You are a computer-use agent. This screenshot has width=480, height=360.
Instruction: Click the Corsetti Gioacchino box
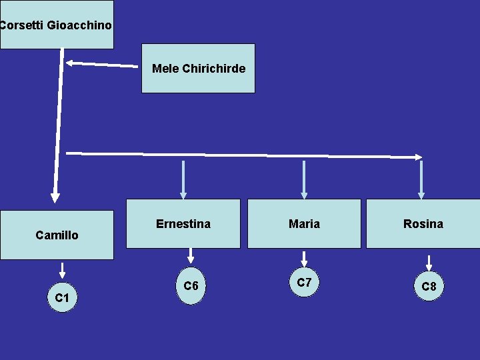57,25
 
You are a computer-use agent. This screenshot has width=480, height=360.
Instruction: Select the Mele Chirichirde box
198,68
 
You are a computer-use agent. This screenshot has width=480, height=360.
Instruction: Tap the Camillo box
57,235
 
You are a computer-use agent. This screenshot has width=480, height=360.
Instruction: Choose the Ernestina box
183,224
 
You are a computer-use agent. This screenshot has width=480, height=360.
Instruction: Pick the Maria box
304,224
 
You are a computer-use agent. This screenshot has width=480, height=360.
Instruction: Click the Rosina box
423,224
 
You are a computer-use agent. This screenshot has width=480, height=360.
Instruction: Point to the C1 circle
62,297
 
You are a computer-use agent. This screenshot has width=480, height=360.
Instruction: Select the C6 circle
191,286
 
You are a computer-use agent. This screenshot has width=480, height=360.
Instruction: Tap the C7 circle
304,283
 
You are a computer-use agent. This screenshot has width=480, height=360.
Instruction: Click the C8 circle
429,287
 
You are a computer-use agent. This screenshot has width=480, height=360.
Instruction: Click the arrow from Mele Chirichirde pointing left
100,65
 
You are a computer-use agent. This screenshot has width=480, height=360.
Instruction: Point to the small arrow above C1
62,270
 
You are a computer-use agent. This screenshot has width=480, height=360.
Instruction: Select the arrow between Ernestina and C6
191,255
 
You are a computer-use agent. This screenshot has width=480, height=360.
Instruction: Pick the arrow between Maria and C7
304,258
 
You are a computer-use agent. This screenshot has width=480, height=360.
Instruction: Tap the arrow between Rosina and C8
429,261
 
